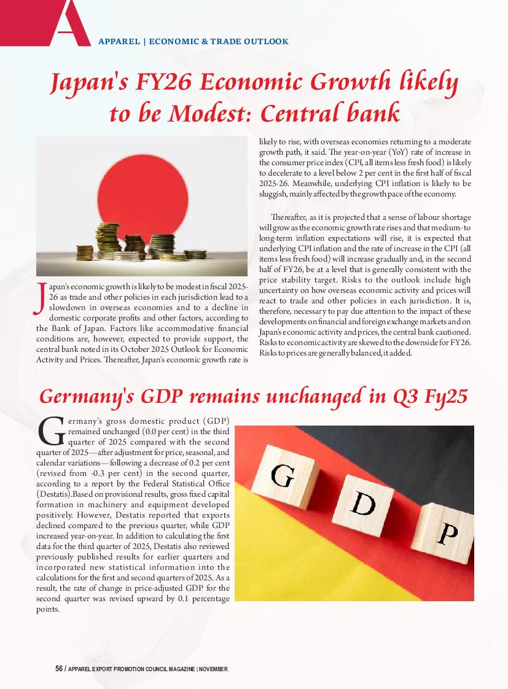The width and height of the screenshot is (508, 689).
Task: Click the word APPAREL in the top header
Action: click(118, 42)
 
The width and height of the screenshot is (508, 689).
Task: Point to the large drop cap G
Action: click(50, 432)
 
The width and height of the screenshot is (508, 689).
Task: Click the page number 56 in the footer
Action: click(59, 669)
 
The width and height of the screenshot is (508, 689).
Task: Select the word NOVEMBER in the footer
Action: click(213, 669)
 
